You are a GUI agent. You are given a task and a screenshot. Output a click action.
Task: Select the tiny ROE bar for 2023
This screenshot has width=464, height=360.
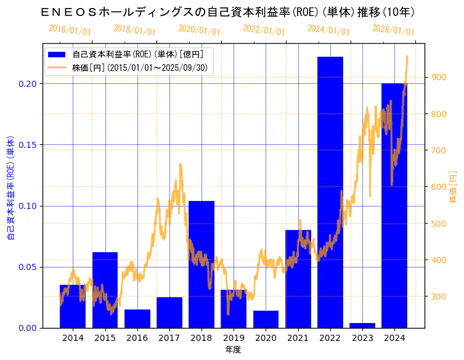pyautogui.click(x=362, y=325)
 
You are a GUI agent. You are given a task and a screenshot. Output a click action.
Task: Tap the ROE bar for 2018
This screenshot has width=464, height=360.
pyautogui.click(x=201, y=264)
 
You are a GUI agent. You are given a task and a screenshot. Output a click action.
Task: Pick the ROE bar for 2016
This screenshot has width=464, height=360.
pyautogui.click(x=137, y=319)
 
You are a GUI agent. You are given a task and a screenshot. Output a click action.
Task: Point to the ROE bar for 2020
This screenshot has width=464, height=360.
pyautogui.click(x=266, y=319)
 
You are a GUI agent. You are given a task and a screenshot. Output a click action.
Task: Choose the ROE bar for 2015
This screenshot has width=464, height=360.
pyautogui.click(x=105, y=290)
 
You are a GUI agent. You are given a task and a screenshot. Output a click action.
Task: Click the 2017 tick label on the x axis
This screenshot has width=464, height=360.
pyautogui.click(x=169, y=338)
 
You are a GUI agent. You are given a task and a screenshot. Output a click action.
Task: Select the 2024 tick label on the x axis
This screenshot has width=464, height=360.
pyautogui.click(x=394, y=338)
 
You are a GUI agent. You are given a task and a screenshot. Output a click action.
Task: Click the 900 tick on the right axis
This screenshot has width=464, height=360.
pyautogui.click(x=438, y=77)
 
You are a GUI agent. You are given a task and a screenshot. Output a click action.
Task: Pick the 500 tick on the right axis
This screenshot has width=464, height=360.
pyautogui.click(x=438, y=223)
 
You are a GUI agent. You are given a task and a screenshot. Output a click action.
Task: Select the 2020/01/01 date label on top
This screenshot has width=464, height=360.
pyautogui.click(x=199, y=30)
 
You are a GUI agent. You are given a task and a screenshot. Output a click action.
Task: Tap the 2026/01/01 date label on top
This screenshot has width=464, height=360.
pyautogui.click(x=394, y=30)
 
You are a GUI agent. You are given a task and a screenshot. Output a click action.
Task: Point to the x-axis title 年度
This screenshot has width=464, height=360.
pyautogui.click(x=233, y=350)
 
